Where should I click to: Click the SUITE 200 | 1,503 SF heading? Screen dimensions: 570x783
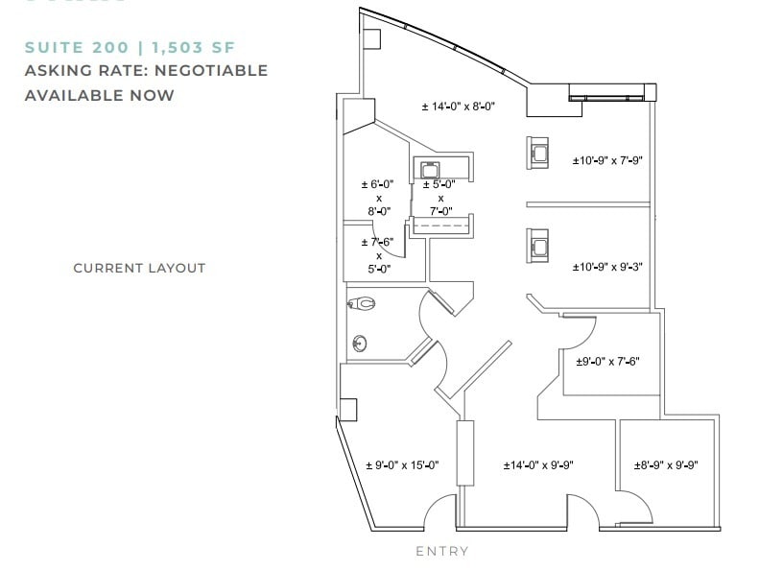coord(130,47)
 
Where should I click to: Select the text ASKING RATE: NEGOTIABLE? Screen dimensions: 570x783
coord(146,71)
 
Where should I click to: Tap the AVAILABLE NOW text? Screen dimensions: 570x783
coord(100,95)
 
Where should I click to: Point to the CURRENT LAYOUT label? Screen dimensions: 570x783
coord(139,268)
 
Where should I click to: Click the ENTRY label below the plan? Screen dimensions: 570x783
coord(442,551)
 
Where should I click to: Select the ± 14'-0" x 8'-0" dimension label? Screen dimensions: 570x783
coord(458,107)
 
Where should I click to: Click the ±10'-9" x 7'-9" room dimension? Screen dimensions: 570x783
coord(606,160)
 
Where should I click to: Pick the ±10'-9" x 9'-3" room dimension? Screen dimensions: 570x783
coord(606,267)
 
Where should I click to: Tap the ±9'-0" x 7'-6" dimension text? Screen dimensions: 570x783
coord(606,362)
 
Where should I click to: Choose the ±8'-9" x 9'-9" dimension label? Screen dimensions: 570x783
coord(665,465)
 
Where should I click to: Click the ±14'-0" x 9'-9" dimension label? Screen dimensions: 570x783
coord(538,465)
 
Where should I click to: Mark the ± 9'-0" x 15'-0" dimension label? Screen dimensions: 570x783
coord(402,465)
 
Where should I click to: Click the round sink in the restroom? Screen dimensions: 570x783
coord(360,342)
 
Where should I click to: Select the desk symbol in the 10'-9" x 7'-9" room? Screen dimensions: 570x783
coord(538,152)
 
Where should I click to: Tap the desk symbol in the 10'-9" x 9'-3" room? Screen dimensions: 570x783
coord(538,245)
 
